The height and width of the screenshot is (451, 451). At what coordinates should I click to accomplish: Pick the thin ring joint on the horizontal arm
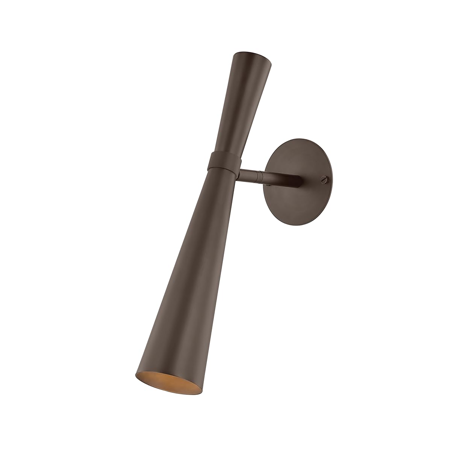pos(259,175)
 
